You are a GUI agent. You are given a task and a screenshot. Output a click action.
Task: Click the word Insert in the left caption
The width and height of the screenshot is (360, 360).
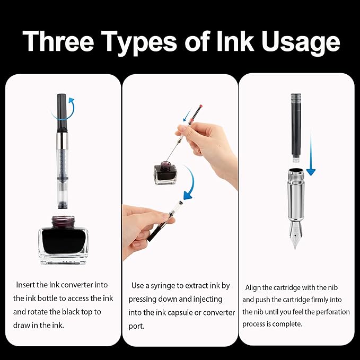(x=27, y=285)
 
